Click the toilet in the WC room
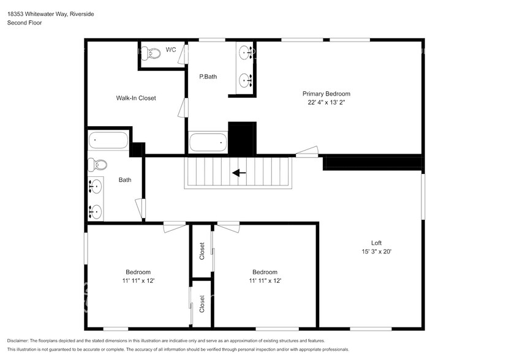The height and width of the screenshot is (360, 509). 151,53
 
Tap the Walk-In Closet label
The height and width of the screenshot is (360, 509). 136,98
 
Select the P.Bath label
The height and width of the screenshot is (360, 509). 208,77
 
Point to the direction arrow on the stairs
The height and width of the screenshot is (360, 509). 239,173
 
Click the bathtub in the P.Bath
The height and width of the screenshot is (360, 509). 208,143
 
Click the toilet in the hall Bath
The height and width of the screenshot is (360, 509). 97,165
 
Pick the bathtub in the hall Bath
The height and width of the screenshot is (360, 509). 108,141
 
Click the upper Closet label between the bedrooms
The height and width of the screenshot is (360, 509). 202,251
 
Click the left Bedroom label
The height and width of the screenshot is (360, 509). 138,272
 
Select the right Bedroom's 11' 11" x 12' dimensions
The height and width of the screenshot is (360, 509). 265,281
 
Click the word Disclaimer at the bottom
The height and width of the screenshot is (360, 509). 20,340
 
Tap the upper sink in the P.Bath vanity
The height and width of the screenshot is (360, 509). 245,53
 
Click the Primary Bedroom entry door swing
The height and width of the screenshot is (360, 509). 309,151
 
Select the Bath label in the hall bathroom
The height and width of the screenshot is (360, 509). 125,180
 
